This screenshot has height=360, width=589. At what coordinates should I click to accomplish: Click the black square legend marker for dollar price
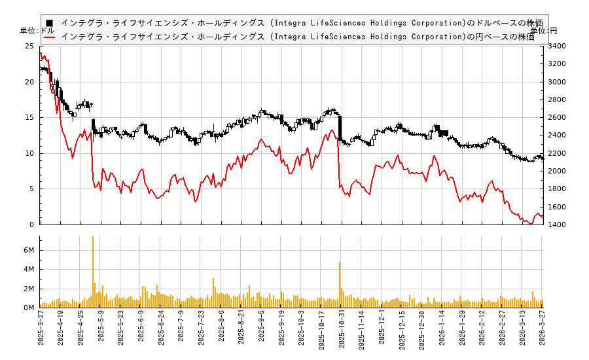(x=49, y=23)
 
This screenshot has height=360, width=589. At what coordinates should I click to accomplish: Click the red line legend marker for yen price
(x=49, y=37)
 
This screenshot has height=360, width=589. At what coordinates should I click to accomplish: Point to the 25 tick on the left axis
(x=29, y=46)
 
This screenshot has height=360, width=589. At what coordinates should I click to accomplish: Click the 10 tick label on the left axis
(x=29, y=153)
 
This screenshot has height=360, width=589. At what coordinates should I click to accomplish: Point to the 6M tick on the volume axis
(x=28, y=250)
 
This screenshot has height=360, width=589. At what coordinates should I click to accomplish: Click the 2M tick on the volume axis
(x=28, y=289)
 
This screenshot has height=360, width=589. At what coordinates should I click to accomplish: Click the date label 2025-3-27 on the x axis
(x=41, y=331)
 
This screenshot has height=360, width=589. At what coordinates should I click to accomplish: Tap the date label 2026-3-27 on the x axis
(x=543, y=331)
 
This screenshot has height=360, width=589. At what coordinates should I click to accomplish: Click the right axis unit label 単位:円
(x=544, y=31)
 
